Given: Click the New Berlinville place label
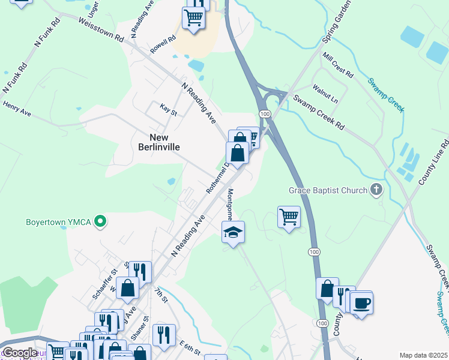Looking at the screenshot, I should tap(157, 141).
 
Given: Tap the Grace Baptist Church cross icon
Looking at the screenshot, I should tap(376, 191).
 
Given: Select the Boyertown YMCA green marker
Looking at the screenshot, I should tap(101, 223).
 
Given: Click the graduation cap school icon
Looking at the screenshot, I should tap(234, 232).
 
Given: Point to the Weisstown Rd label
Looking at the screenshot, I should tap(100, 28).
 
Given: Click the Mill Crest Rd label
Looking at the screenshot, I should tap(337, 64).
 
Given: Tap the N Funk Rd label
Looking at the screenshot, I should tap(48, 32).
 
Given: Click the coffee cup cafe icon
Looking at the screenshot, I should tap(361, 303).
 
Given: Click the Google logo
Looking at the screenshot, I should tap(20, 353).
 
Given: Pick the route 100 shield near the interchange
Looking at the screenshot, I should tap(264, 113).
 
